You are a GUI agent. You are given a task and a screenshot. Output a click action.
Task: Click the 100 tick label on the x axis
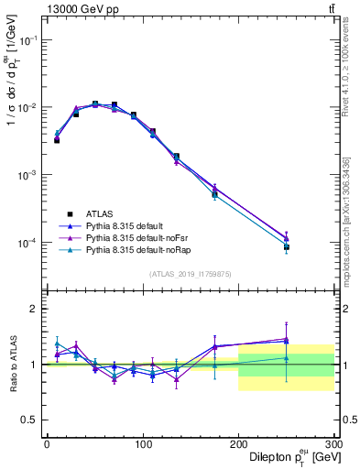[143, 444]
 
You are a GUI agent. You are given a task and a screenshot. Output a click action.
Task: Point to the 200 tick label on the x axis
[238, 444]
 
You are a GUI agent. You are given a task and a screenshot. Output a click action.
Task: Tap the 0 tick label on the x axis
[47, 444]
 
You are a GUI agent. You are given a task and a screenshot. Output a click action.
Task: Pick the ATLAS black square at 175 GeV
[214, 194]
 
